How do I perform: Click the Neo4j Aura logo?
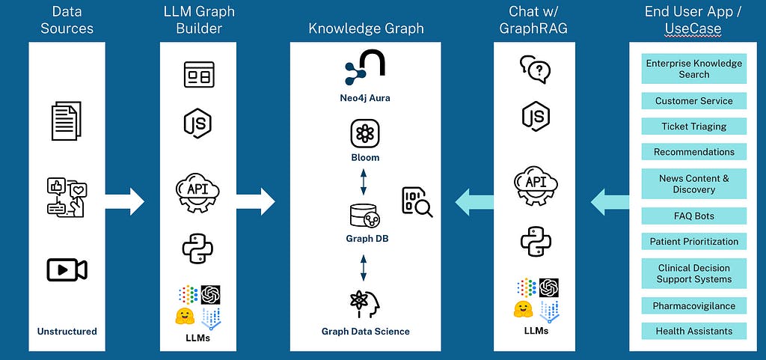(x=365, y=70)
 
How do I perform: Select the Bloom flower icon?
(x=364, y=134)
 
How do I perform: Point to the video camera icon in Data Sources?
(x=67, y=270)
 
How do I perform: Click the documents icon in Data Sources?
(x=67, y=121)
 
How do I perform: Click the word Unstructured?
(x=67, y=331)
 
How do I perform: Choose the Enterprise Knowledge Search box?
(x=694, y=69)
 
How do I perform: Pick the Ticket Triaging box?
(x=694, y=126)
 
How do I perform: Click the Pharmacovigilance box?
(x=694, y=305)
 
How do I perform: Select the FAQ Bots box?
(x=694, y=216)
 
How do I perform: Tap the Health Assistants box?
(x=694, y=331)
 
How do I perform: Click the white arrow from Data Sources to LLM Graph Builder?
(x=124, y=201)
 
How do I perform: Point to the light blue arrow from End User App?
(x=610, y=201)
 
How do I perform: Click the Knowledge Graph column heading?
(x=366, y=29)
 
